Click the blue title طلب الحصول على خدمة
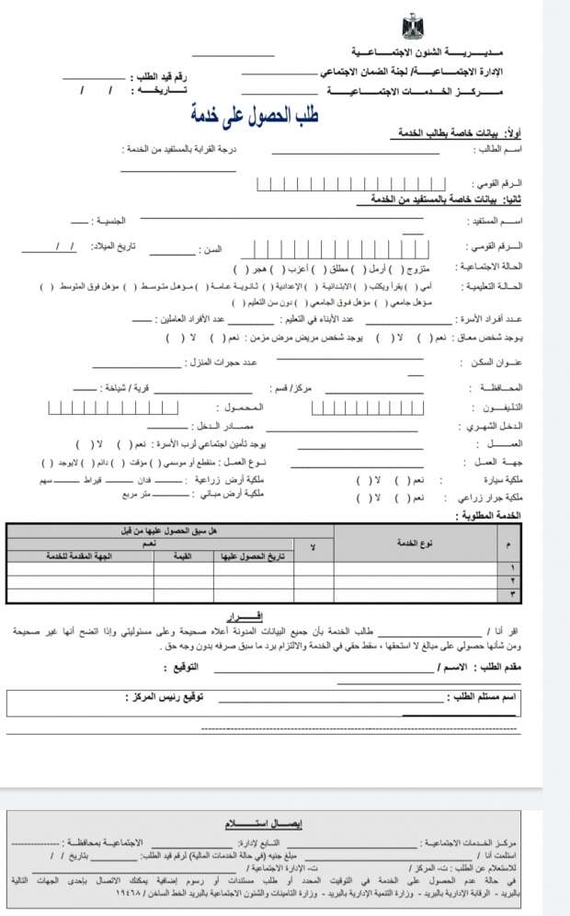tap(254, 115)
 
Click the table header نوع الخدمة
tap(415, 544)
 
